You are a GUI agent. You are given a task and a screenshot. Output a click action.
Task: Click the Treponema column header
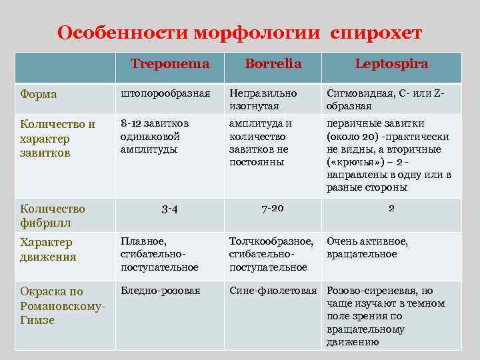169,64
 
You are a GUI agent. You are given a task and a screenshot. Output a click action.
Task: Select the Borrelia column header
273,64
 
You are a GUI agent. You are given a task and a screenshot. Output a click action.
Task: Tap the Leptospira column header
391,64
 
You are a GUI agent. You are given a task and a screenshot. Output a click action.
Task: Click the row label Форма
39,94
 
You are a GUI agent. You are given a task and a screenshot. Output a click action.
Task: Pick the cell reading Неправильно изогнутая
263,99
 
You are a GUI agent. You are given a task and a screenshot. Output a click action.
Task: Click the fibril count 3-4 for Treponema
169,209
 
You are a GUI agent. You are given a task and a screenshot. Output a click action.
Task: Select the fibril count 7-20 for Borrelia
273,209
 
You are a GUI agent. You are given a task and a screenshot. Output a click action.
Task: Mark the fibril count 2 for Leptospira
391,208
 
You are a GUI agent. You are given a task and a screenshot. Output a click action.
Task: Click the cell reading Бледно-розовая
160,291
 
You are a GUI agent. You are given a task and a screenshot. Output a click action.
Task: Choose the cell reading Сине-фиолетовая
273,291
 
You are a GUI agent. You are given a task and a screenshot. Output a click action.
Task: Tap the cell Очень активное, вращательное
367,247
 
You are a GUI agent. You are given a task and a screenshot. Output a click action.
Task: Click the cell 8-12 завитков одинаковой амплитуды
155,136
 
